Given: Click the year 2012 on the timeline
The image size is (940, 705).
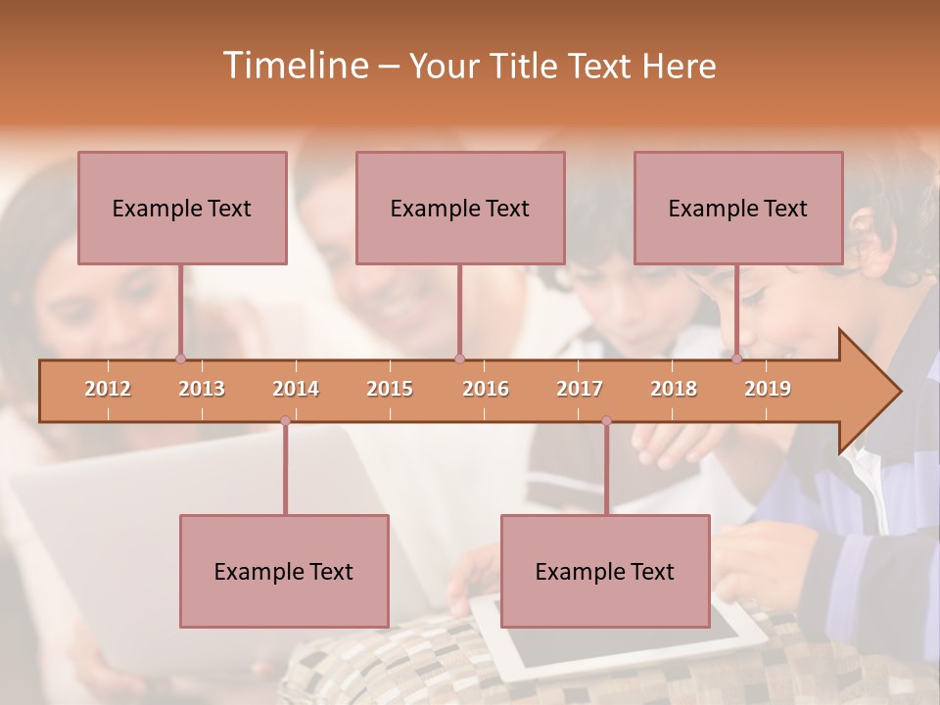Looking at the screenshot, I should pyautogui.click(x=108, y=389).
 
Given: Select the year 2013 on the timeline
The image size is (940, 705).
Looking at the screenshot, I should pyautogui.click(x=202, y=389).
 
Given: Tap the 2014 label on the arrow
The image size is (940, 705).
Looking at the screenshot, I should pyautogui.click(x=296, y=389).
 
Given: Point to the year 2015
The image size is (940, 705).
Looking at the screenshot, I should pyautogui.click(x=390, y=389).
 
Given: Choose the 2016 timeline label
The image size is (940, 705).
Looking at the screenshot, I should pyautogui.click(x=486, y=389).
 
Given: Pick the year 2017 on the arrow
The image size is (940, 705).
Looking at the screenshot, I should pyautogui.click(x=580, y=389).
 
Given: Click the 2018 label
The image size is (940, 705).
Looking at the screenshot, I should pyautogui.click(x=674, y=389).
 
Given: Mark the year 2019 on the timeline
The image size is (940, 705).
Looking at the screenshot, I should pyautogui.click(x=768, y=389).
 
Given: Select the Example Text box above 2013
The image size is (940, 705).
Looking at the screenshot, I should pyautogui.click(x=182, y=208).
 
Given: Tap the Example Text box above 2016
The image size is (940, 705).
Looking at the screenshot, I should pyautogui.click(x=460, y=208).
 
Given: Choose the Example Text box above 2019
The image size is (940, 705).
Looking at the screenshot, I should pyautogui.click(x=738, y=208).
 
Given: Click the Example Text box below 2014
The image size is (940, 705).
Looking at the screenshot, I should pyautogui.click(x=284, y=571).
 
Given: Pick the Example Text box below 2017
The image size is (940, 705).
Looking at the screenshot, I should pyautogui.click(x=605, y=571).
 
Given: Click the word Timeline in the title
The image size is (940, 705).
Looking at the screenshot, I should pyautogui.click(x=294, y=66).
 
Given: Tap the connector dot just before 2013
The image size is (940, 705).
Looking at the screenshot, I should pyautogui.click(x=180, y=359).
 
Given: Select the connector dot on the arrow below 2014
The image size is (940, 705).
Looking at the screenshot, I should pyautogui.click(x=285, y=421).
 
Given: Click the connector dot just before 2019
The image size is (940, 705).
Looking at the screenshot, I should pyautogui.click(x=736, y=359).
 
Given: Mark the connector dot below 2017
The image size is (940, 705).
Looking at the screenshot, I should pyautogui.click(x=606, y=421).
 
